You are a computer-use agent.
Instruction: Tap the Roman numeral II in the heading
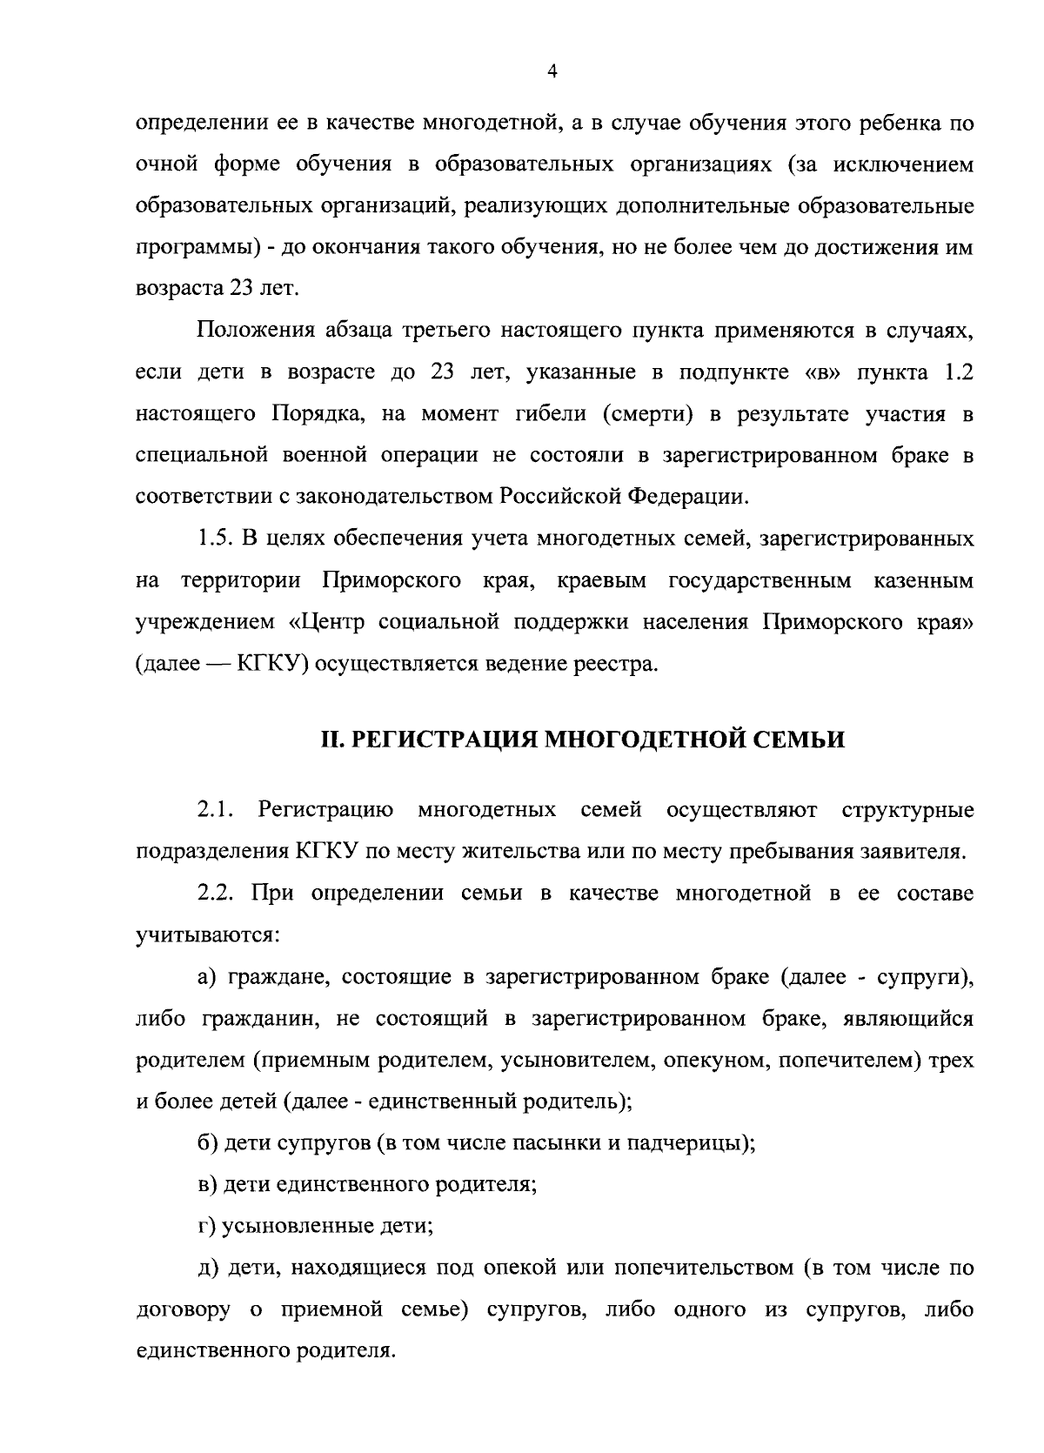point(331,740)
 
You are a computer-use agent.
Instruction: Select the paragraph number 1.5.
point(214,539)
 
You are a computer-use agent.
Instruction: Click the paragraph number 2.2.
point(214,894)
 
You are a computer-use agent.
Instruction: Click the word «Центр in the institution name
point(328,623)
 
